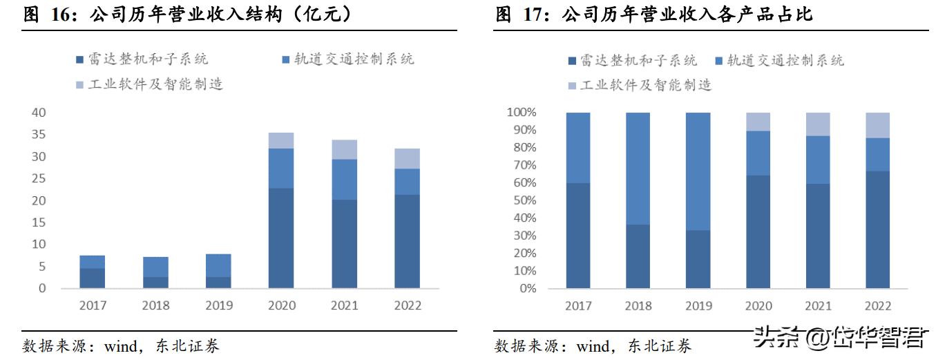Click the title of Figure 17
pos(653,15)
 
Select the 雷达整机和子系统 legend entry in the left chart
pos(142,59)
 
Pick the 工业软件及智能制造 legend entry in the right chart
pos(639,85)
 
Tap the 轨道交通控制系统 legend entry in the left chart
pos(348,59)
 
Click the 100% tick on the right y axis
pos(522,113)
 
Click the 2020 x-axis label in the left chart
pos(281,305)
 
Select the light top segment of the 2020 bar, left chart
pos(281,140)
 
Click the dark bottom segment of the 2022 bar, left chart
pos(407,241)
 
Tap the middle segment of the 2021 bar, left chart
pos(344,180)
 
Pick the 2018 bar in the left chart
pos(155,272)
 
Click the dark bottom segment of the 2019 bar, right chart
pos(698,259)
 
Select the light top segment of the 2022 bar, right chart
pos(877,125)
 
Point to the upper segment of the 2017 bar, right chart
pos(578,148)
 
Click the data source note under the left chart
pos(121,346)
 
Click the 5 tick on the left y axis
pos(42,266)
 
